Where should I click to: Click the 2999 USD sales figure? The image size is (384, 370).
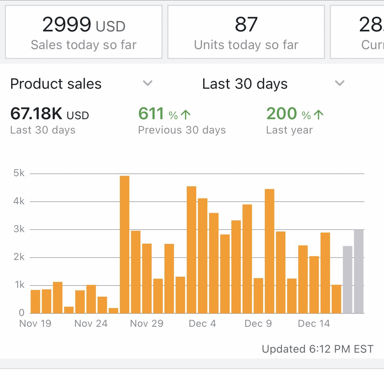pos(84,25)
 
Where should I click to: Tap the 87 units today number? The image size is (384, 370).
pos(246,25)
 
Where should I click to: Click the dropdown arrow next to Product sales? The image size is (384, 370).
pos(148,83)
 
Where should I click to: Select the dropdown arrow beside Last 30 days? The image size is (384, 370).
pos(339,83)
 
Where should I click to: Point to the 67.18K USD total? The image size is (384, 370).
pos(50,114)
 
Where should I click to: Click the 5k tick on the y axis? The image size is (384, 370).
pos(19,173)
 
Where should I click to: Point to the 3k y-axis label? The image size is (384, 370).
pos(19,229)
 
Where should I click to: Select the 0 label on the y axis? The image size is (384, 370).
pos(22,313)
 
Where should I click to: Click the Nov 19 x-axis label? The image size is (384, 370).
pos(35,324)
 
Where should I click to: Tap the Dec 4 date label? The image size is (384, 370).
pos(202,324)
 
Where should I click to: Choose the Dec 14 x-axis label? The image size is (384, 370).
pos(314,324)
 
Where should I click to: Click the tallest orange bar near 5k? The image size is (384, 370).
pos(125,244)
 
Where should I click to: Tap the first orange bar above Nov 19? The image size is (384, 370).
pos(35,301)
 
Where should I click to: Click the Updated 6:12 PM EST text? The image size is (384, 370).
pos(317,349)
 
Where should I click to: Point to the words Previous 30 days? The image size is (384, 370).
pos(182,130)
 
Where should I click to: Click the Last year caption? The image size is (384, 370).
pos(289,130)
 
